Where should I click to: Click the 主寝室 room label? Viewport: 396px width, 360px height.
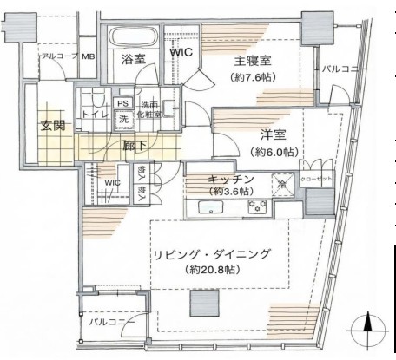[x=253, y=61]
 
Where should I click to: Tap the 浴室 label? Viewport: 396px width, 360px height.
[x=133, y=59]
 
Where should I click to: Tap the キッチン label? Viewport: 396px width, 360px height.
[x=230, y=179]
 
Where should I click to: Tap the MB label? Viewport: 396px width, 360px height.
[x=89, y=56]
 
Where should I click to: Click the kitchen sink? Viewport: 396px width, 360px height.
[x=211, y=207]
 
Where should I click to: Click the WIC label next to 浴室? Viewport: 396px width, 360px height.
[x=180, y=52]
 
